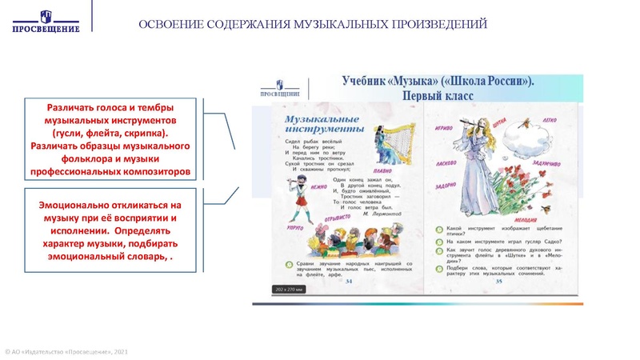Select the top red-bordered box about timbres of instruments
click(109, 139)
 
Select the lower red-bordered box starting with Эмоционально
click(108, 230)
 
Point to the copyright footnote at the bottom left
click(65, 352)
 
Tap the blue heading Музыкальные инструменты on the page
click(320, 122)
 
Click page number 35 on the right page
click(498, 282)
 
